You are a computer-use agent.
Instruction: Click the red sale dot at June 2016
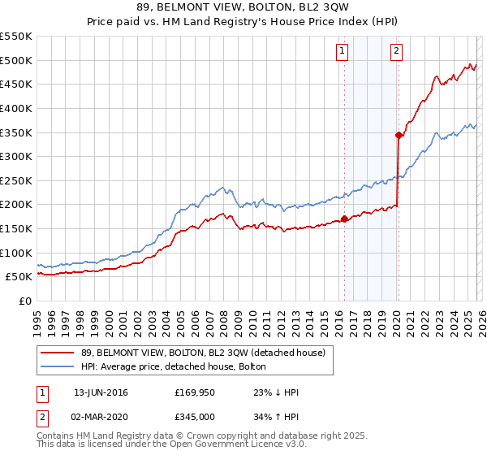(x=344, y=219)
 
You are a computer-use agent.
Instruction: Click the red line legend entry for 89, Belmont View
(x=203, y=353)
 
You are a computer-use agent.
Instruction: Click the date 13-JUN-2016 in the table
(x=101, y=392)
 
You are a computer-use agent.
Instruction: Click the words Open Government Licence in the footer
(x=235, y=446)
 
